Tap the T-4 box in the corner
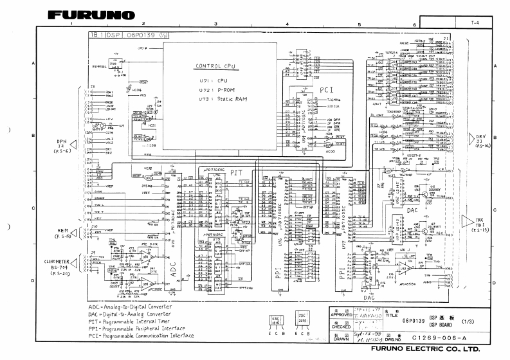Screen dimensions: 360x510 click(475, 22)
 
